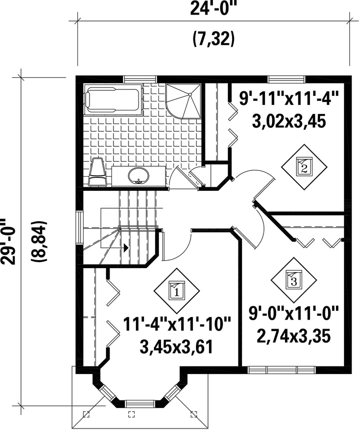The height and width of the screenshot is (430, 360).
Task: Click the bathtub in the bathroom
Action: click(x=113, y=99)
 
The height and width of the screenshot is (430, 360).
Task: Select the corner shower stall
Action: click(x=183, y=101)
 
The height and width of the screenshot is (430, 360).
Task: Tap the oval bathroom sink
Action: click(x=138, y=175)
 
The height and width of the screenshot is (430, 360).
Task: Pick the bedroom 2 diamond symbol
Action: click(x=304, y=167)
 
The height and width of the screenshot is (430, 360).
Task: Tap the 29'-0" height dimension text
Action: click(x=7, y=242)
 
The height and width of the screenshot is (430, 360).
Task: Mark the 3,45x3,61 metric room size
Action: click(x=176, y=347)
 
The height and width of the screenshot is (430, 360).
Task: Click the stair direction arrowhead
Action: click(x=125, y=248)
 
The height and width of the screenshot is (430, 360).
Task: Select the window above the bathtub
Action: click(x=140, y=79)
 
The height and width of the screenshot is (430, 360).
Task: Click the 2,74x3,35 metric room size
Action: click(x=293, y=336)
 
